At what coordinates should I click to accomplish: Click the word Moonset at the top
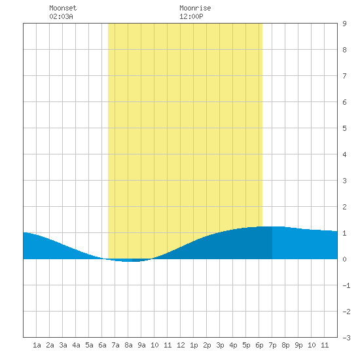point(63,8)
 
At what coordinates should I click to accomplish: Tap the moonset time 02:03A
point(61,16)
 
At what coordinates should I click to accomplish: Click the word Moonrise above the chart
point(195,8)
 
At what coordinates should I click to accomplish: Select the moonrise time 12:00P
point(191,16)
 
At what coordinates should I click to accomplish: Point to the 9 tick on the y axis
point(344,24)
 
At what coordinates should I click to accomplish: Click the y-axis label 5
point(344,128)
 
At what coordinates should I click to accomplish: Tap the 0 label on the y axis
point(344,259)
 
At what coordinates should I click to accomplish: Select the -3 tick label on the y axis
point(346,338)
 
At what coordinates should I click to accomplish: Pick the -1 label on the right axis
point(346,285)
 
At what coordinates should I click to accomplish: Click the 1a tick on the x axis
point(37,345)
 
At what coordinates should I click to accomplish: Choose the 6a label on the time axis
point(102,345)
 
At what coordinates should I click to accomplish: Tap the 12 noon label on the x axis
point(181,345)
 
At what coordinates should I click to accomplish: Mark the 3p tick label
point(220,345)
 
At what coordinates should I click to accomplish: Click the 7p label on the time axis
point(272,345)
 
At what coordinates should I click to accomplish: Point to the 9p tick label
point(298,345)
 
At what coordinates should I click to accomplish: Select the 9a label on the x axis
point(141,345)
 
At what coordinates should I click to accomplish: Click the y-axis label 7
point(344,76)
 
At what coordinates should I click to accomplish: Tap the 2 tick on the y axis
point(344,207)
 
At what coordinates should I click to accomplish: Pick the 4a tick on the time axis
point(76,345)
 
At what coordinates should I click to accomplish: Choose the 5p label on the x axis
point(246,345)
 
